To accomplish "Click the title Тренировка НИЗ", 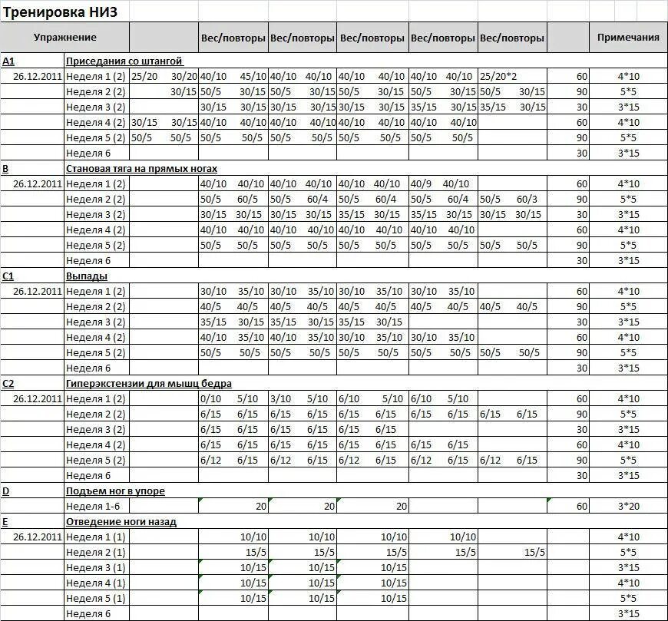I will tap(61, 12).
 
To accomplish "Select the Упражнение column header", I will tap(65, 37).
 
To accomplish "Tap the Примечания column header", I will tap(628, 37).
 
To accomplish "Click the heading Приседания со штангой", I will tap(124, 61).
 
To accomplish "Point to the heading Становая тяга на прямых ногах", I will tap(142, 168).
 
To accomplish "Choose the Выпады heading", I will tap(87, 276).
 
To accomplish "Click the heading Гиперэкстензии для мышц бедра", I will tap(149, 383).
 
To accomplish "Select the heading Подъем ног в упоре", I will tap(115, 491).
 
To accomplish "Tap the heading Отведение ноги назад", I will tap(121, 521).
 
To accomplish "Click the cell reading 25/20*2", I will tap(498, 76).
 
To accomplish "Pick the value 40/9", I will tap(422, 183).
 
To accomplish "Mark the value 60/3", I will tap(527, 199).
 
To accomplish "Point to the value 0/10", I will tap(210, 398).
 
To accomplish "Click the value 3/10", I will tap(279, 398).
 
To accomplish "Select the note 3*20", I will tap(628, 506).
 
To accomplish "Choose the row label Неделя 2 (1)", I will tap(96, 552).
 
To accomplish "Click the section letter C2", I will tap(9, 383).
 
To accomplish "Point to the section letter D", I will tap(5, 491).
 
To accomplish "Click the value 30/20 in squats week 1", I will tap(184, 76).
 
